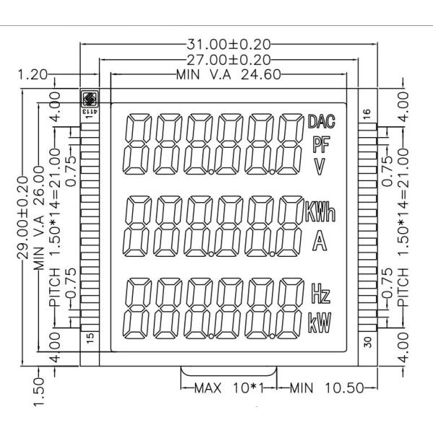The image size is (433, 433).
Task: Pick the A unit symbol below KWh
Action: pyautogui.click(x=318, y=241)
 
